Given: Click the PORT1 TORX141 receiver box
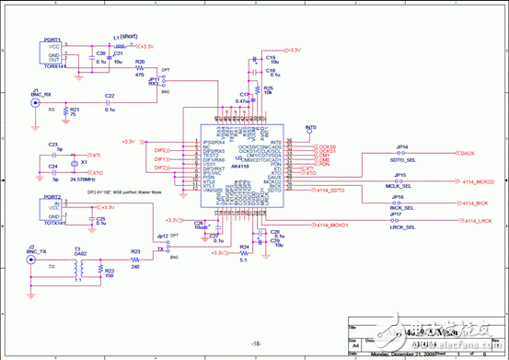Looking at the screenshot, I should [x=53, y=52].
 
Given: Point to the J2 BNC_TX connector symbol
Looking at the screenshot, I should [x=32, y=261].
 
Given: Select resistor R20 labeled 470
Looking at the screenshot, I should [x=140, y=69].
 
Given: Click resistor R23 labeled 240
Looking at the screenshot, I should [x=135, y=258].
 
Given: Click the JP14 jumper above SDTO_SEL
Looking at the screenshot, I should [x=402, y=153].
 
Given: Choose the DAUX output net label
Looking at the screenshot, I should [x=466, y=153].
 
